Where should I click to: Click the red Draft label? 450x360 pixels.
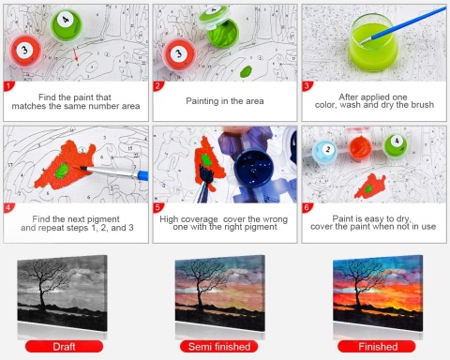pos(64,347)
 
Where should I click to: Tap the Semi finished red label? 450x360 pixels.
pos(219,347)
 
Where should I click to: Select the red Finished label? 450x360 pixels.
pos(377,347)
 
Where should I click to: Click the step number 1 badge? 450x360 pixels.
pos(8,86)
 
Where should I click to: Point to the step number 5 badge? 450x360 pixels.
pos(158,207)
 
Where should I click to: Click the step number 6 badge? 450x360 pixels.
pos(307,207)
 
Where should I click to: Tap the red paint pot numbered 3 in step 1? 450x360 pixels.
pos(25,51)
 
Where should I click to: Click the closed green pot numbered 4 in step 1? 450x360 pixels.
pos(67,24)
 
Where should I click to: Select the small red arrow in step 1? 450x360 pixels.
pos(75,54)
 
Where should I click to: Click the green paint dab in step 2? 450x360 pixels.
pos(246,71)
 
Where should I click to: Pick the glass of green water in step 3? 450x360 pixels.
pos(373,43)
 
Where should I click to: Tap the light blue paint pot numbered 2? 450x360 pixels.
pos(325,152)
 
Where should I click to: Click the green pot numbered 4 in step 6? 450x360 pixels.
pos(396,145)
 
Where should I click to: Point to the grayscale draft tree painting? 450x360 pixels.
pos(62,293)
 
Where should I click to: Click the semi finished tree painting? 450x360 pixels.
pos(220,293)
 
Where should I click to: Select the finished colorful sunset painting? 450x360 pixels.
pos(378,293)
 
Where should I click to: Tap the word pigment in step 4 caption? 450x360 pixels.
pos(104,219)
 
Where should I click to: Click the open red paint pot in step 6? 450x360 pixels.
pos(360,147)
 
